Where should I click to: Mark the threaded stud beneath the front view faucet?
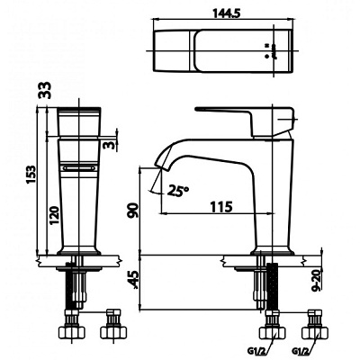click(76, 288)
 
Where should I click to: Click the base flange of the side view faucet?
click(270, 252)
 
